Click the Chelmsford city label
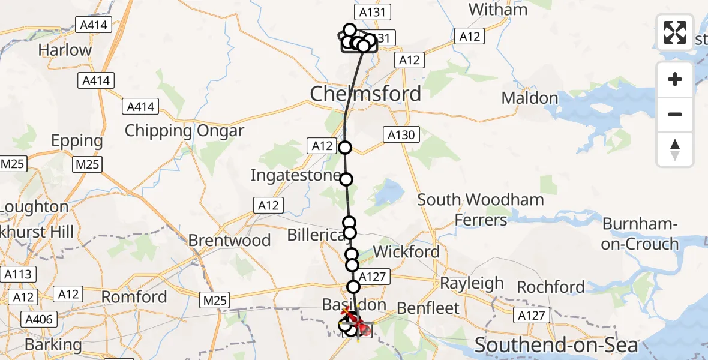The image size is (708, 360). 365,94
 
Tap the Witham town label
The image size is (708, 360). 498,10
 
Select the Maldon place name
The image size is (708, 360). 530,98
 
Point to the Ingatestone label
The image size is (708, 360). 294,176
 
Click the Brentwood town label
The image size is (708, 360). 229,241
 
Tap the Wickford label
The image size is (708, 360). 407,252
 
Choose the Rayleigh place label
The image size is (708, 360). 472,283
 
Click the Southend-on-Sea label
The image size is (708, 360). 556,345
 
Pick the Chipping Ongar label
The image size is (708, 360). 184,131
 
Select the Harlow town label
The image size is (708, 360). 65,50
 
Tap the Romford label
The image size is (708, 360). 134,297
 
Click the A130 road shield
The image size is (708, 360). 401,135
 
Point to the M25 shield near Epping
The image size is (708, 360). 88,164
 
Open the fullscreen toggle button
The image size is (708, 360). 675,32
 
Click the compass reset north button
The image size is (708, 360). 675,149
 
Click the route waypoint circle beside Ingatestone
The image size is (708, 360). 346,179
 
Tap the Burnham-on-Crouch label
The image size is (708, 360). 640,234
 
